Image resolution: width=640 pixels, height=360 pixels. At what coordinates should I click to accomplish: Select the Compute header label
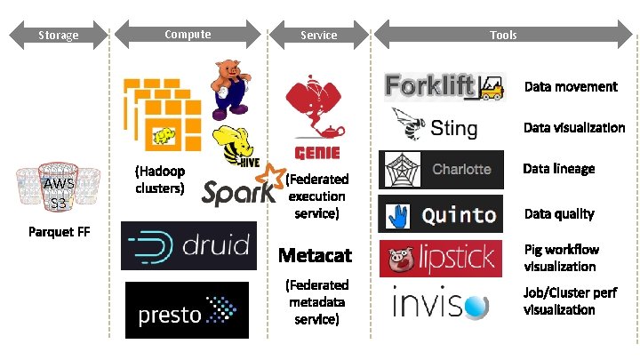click(x=188, y=35)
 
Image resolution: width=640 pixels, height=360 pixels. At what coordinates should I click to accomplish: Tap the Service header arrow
click(x=318, y=36)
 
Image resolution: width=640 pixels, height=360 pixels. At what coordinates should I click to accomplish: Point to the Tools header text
click(x=503, y=36)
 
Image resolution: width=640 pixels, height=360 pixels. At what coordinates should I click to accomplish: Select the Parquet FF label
click(x=58, y=233)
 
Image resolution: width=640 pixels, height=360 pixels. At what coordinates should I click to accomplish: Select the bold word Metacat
click(x=315, y=256)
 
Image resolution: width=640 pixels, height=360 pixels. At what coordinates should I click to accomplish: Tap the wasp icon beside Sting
click(x=410, y=125)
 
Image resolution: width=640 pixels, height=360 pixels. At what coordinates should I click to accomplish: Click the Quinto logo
click(x=442, y=214)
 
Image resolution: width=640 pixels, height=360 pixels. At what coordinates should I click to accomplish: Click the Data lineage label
click(x=558, y=169)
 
